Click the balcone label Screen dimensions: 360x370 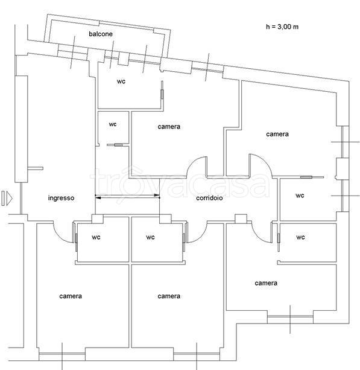[x=101, y=34]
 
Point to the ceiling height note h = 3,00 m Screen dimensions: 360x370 [x=282, y=27]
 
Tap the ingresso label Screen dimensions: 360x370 [x=62, y=198]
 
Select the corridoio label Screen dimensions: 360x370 [x=209, y=198]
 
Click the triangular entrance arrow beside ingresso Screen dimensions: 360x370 [x=10, y=198]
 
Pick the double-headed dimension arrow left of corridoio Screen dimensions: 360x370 [x=127, y=196]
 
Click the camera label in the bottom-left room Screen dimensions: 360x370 [x=71, y=296]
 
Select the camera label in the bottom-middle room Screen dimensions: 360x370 [x=169, y=296]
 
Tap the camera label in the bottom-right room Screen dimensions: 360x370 [x=266, y=283]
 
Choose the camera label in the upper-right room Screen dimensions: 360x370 [x=277, y=134]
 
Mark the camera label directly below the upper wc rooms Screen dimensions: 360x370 [x=169, y=127]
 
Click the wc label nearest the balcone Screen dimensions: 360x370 [x=121, y=81]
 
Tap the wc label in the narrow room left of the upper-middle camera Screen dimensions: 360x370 [x=113, y=124]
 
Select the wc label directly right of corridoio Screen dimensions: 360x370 [x=300, y=196]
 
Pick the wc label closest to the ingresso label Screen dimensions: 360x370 [x=96, y=237]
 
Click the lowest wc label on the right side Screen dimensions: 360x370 [x=300, y=237]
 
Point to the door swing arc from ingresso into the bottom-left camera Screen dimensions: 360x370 [x=59, y=236]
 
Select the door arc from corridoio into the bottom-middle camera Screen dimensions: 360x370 [x=201, y=237]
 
